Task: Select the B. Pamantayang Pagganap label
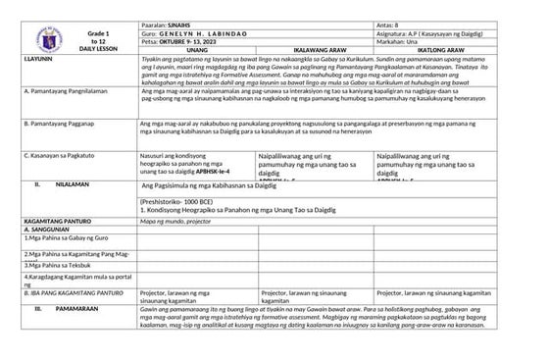point(58,126)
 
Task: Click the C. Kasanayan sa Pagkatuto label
point(60,155)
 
